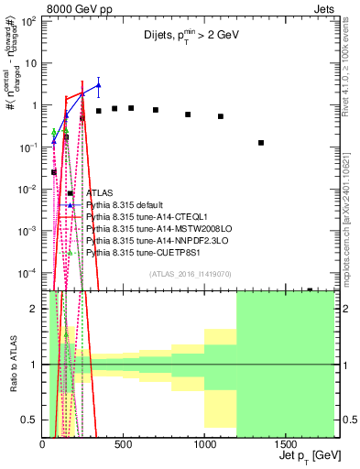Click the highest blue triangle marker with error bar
98,85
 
